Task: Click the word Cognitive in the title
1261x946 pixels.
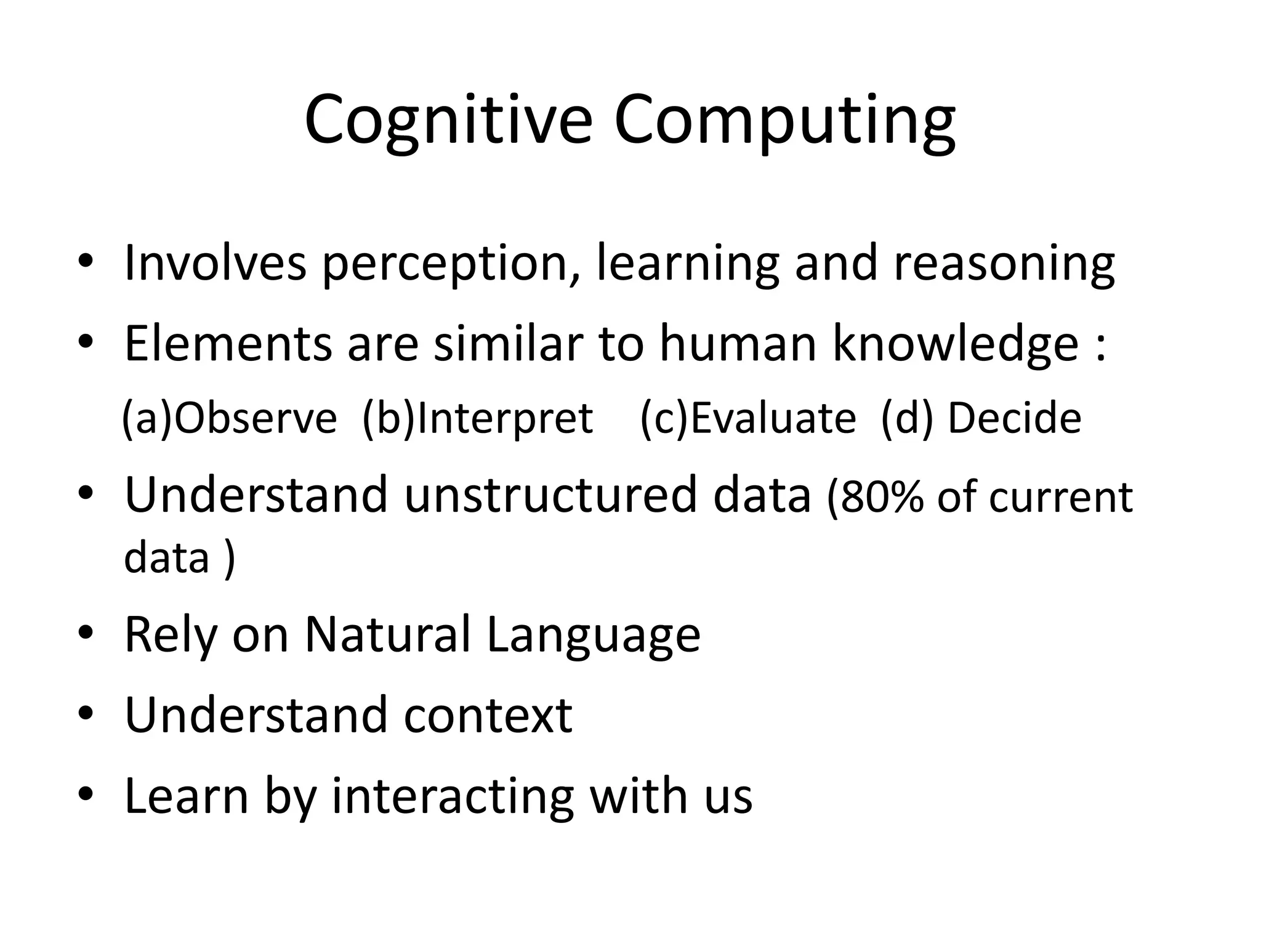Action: (x=448, y=120)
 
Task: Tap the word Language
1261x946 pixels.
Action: (x=594, y=634)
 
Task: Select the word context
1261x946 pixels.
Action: (x=488, y=715)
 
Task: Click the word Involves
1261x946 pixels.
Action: (x=215, y=264)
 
